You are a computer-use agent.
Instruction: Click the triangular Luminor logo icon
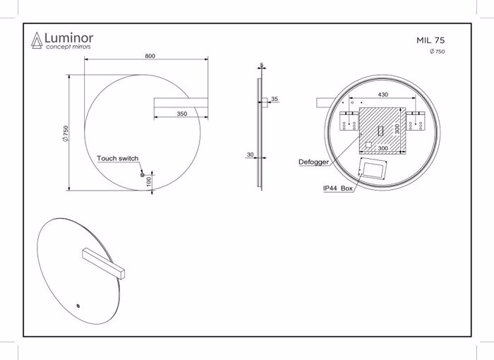click(x=35, y=41)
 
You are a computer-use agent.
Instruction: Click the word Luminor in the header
click(x=68, y=37)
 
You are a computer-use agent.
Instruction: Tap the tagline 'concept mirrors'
click(x=68, y=47)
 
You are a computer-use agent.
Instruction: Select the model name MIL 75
click(x=430, y=41)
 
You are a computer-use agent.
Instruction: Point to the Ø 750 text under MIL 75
click(x=437, y=52)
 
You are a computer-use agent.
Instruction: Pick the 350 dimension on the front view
click(x=181, y=114)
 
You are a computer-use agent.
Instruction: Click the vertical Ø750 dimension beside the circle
click(x=65, y=133)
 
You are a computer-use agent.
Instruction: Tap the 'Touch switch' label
click(x=117, y=159)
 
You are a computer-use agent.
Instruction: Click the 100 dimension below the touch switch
click(x=149, y=181)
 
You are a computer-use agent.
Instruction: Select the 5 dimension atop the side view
click(x=261, y=65)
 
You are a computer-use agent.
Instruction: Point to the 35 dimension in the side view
click(x=275, y=99)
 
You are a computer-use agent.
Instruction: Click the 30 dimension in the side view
click(x=251, y=154)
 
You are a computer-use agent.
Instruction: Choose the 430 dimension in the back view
click(x=382, y=94)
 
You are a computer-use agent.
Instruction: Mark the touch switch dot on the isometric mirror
click(x=78, y=306)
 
